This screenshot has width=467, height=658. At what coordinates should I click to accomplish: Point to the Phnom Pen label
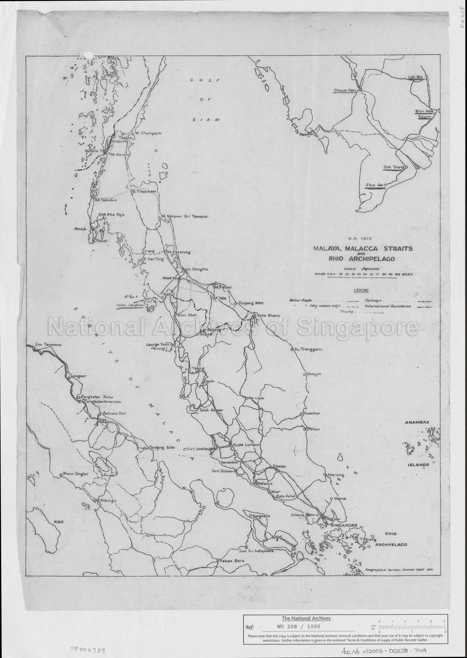344,90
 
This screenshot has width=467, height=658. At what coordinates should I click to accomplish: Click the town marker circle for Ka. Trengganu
292,349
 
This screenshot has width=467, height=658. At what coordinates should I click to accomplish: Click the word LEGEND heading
361,290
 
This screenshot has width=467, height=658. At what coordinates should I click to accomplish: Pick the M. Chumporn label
148,133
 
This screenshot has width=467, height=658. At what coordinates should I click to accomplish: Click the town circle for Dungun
304,374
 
